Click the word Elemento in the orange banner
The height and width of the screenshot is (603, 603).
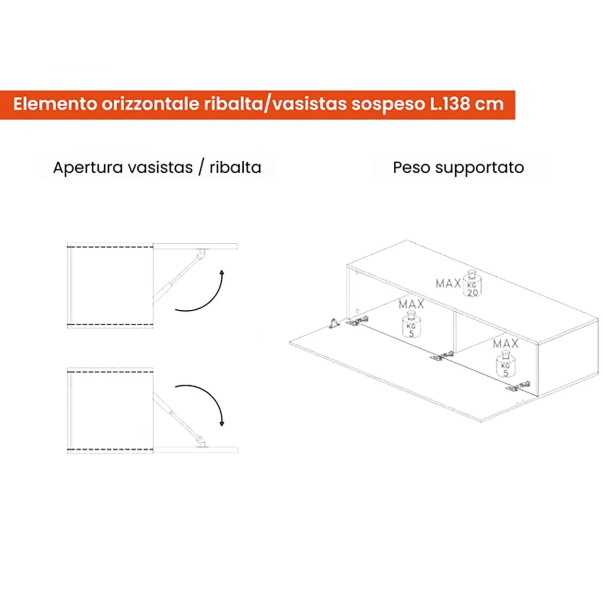[55, 104]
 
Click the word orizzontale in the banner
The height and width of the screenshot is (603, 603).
[150, 104]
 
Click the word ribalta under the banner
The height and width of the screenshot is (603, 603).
[236, 167]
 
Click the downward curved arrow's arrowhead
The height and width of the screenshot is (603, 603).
[222, 423]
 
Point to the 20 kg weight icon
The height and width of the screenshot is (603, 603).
[472, 284]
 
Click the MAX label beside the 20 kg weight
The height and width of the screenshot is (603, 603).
[448, 283]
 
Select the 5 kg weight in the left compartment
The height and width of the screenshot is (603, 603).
[411, 325]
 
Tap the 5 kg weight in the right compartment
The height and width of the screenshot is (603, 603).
[505, 364]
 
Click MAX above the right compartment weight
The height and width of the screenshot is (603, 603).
[506, 343]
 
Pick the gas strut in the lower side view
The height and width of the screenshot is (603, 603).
[179, 420]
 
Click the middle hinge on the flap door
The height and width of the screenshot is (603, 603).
[441, 357]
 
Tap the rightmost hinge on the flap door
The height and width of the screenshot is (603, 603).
[517, 387]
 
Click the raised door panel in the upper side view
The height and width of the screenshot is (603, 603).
[195, 246]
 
